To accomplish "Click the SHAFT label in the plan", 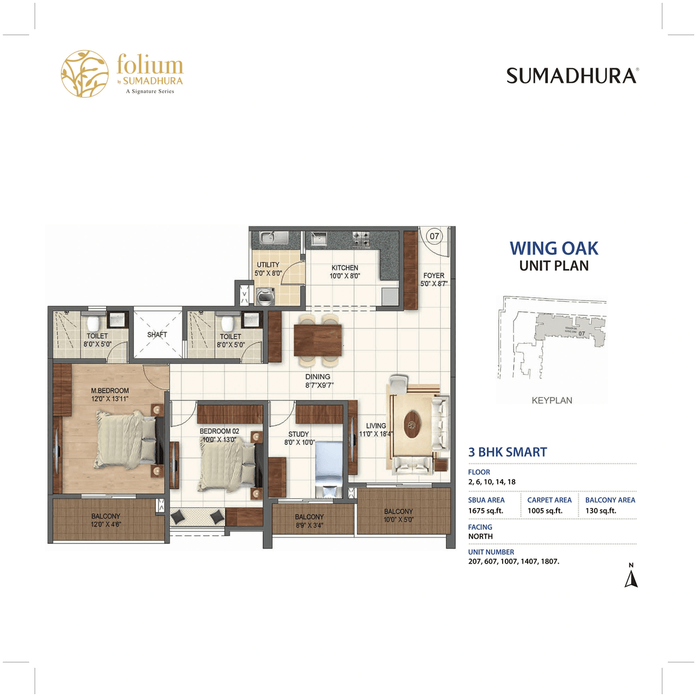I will click(157, 334).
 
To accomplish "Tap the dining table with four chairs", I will click(318, 340).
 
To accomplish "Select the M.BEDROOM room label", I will click(110, 391).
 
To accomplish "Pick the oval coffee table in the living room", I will click(413, 423).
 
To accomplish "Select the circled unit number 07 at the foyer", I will click(434, 236).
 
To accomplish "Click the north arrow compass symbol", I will click(631, 577).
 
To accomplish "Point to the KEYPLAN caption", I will click(552, 400).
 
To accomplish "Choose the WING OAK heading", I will click(554, 248).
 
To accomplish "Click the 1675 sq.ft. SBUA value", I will click(486, 511).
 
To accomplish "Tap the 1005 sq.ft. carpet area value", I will click(545, 511).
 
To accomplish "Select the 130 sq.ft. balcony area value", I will click(601, 511).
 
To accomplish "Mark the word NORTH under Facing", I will click(480, 536).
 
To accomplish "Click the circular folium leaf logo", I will click(84, 74).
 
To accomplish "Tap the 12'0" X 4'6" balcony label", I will click(106, 524).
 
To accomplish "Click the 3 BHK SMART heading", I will click(508, 452).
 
